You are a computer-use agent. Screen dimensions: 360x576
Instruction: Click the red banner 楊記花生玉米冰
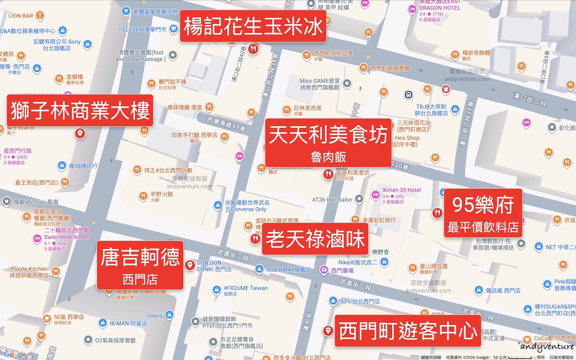(x=253, y=26)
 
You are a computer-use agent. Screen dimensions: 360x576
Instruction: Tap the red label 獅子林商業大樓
(x=80, y=110)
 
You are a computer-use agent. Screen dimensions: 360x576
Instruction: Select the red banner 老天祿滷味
(x=315, y=239)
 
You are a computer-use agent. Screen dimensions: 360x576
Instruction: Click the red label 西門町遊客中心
(x=408, y=331)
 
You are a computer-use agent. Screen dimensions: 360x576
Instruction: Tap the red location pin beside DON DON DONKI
(x=190, y=265)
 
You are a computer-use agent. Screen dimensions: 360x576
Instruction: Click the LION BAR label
(x=21, y=16)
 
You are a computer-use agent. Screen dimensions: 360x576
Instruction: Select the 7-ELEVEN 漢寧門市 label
(x=142, y=30)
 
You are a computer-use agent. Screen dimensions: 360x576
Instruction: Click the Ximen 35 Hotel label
(x=401, y=190)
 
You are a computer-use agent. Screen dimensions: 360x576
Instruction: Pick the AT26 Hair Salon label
(x=332, y=200)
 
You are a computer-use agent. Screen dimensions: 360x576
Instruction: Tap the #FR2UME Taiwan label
(x=246, y=288)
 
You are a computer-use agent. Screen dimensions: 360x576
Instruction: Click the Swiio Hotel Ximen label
(x=67, y=237)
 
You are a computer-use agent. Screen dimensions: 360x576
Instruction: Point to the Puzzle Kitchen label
(x=29, y=269)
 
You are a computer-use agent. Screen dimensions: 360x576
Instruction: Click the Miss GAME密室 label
(x=320, y=81)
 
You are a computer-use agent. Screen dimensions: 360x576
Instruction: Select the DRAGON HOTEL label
(x=440, y=8)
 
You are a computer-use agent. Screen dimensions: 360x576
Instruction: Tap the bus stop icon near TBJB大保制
(x=408, y=95)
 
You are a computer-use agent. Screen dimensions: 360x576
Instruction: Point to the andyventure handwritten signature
(x=547, y=346)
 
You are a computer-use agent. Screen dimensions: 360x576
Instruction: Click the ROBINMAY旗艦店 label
(x=288, y=270)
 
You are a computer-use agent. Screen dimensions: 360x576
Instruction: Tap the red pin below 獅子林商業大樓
(x=80, y=133)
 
